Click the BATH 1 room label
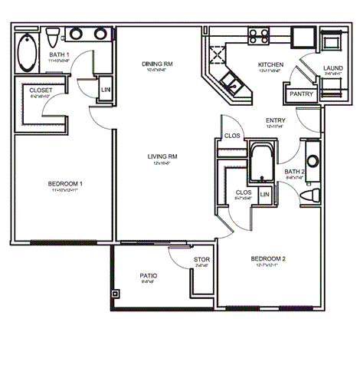[60, 56]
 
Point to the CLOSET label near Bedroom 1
[41, 90]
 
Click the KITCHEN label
[271, 64]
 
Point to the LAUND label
[332, 68]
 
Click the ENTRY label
[275, 120]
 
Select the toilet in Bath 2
[309, 196]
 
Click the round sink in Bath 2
[312, 161]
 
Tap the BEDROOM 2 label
[268, 259]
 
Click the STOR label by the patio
[201, 260]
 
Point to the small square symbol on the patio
[116, 292]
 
